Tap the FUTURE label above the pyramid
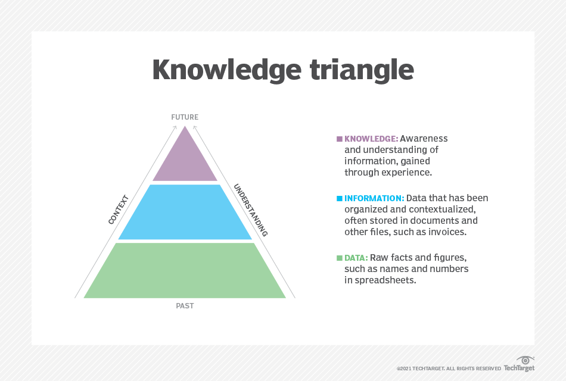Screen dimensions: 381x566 point(185,117)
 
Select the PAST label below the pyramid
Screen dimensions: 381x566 point(185,306)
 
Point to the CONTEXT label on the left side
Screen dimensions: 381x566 point(119,210)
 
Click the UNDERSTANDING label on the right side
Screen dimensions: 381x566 point(250,210)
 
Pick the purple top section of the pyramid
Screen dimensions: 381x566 point(185,157)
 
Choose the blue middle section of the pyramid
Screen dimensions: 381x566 point(185,213)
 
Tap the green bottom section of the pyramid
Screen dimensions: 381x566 point(185,271)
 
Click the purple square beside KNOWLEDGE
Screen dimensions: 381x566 point(340,139)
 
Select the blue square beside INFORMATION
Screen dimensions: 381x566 point(340,198)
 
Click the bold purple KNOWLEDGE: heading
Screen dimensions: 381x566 point(371,139)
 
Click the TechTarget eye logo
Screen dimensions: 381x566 point(524,361)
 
